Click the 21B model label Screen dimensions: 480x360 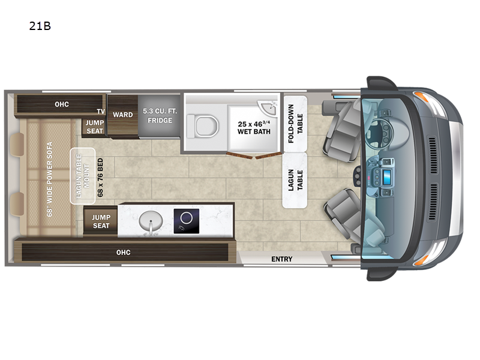40,26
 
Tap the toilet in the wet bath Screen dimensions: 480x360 203,126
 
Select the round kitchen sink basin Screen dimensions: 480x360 151,221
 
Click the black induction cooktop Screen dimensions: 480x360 187,221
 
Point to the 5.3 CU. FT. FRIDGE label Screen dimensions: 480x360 160,115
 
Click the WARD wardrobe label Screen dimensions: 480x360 123,115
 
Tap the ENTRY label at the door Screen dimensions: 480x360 281,259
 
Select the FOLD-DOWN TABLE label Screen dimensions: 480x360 295,124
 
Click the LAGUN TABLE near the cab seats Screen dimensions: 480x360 295,180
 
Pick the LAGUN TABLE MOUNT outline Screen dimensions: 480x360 83,176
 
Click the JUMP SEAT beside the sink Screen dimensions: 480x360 101,221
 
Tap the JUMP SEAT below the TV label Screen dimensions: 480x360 95,127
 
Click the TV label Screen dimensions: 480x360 101,112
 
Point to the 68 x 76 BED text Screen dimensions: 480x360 100,177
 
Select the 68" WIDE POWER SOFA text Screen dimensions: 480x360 50,179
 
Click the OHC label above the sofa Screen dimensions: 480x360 62,104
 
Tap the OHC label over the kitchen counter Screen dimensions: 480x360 124,253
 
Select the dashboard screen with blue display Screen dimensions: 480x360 387,176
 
